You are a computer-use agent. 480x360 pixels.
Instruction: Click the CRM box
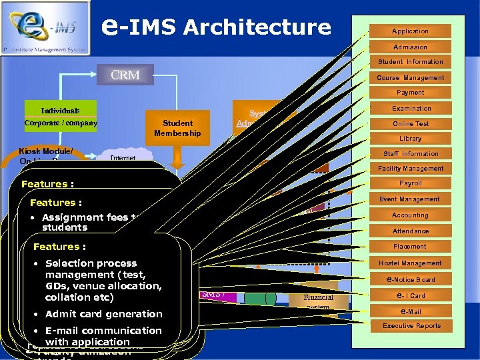125,75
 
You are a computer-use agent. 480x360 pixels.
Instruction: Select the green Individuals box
60,110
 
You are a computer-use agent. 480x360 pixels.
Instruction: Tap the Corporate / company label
61,123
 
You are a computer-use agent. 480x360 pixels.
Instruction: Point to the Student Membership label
177,128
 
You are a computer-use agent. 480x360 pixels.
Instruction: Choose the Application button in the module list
410,31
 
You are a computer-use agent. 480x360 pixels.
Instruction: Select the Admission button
410,47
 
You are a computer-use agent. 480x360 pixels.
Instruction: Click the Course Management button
410,78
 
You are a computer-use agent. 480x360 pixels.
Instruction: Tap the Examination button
410,109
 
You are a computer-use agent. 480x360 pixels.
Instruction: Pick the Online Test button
410,124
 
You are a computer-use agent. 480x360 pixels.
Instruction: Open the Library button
410,139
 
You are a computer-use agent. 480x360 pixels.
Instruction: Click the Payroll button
410,183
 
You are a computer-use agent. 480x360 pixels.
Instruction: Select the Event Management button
410,199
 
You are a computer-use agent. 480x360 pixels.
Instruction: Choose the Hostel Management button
410,263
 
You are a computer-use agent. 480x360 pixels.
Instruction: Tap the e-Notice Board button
410,279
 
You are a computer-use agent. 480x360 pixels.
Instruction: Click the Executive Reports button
410,326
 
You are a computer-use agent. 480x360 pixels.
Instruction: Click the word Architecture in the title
257,27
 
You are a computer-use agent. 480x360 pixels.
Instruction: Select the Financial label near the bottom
318,297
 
